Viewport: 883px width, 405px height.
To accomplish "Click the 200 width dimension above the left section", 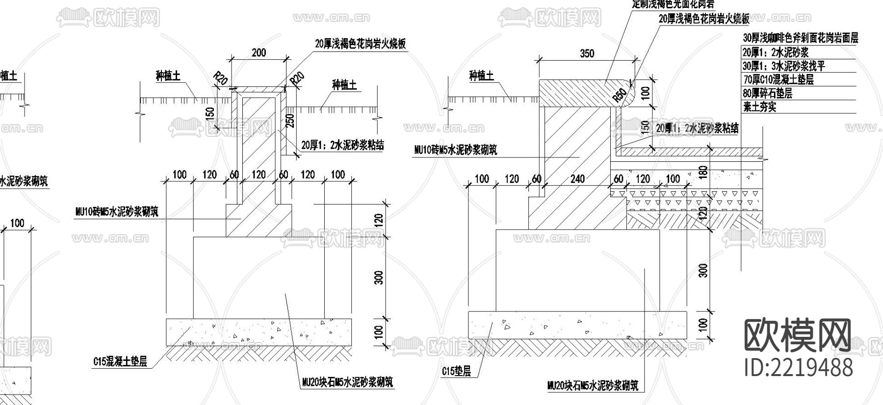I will click(x=259, y=52).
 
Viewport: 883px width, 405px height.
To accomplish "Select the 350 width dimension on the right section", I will click(x=587, y=53).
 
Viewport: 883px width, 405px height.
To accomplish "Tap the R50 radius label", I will click(x=620, y=95).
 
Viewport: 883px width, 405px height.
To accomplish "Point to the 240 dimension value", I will click(x=577, y=178).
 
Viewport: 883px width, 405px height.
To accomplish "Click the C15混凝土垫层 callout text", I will click(x=120, y=362).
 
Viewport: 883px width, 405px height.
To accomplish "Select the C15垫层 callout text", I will click(x=456, y=371).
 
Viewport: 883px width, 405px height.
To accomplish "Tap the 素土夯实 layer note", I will click(x=760, y=106).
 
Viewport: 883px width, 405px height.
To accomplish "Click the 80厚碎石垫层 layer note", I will click(x=768, y=93).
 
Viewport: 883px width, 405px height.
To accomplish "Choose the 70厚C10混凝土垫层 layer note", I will click(x=778, y=79).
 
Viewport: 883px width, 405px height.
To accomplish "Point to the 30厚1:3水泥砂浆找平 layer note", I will click(x=783, y=66).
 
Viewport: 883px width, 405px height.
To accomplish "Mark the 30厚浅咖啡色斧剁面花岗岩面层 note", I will click(x=801, y=38).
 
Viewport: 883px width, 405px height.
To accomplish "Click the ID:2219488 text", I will click(x=799, y=367).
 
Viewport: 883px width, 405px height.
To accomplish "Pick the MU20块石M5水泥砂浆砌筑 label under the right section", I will click(x=593, y=385).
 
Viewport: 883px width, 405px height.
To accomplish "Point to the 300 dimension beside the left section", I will click(x=378, y=278).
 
